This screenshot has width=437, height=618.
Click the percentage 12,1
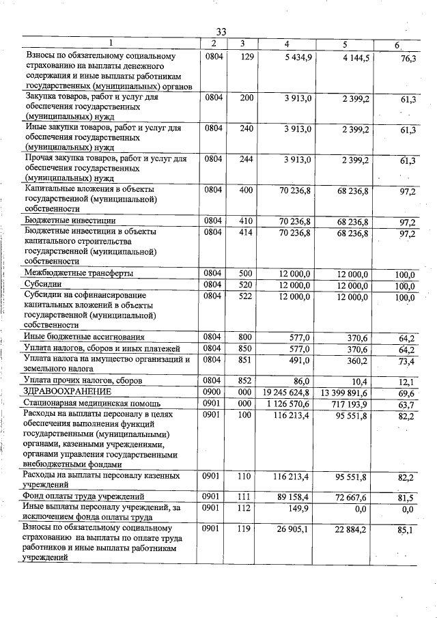click(x=408, y=381)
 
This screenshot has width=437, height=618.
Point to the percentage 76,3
click(x=408, y=59)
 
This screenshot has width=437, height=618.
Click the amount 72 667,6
click(x=351, y=496)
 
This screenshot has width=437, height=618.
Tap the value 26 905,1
click(x=294, y=529)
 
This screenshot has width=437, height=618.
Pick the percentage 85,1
click(x=408, y=529)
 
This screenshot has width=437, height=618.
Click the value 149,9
click(x=300, y=507)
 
